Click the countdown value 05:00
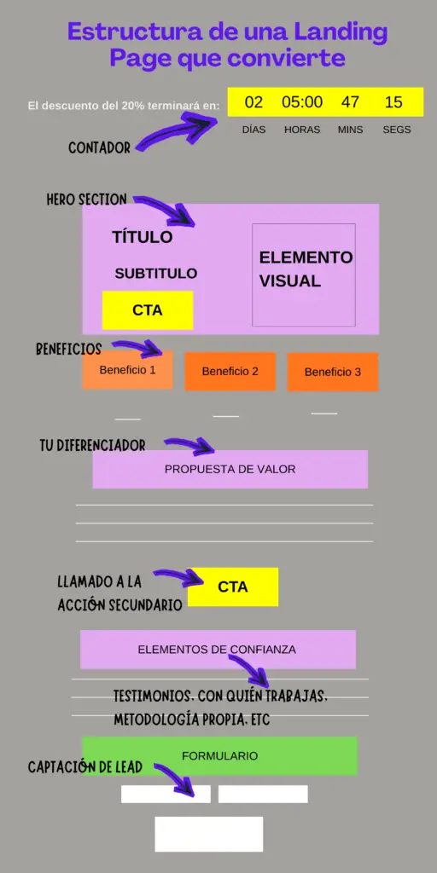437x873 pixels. click(x=302, y=102)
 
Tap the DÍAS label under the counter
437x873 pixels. click(x=253, y=130)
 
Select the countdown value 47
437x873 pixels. click(x=350, y=102)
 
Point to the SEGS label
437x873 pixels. click(x=397, y=130)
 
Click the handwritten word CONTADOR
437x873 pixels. click(x=99, y=148)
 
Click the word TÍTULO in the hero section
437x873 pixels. click(x=142, y=237)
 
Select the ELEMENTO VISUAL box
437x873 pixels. click(x=304, y=274)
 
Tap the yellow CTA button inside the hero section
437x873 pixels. click(x=148, y=310)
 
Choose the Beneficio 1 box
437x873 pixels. click(x=127, y=370)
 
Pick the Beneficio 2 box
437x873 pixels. click(x=230, y=371)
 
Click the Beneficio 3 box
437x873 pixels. click(x=333, y=372)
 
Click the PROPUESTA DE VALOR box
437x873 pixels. click(x=230, y=469)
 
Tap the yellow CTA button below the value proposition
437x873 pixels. click(x=233, y=587)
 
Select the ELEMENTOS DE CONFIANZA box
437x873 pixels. click(x=218, y=650)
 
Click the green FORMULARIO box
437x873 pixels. click(x=219, y=755)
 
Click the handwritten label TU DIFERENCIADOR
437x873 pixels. click(x=92, y=446)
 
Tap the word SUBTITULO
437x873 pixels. click(x=156, y=274)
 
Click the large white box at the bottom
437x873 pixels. click(x=209, y=834)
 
